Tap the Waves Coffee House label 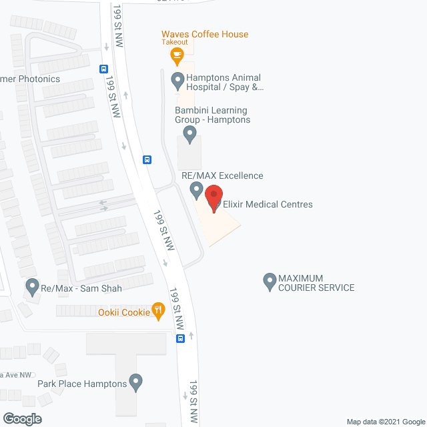click(205, 34)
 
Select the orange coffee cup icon click(177, 55)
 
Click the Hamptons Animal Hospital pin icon click(177, 81)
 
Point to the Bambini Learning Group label click(212, 115)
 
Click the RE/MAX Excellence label click(222, 175)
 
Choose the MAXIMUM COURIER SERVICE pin click(270, 281)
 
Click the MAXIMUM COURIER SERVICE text click(316, 283)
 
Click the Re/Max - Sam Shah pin click(32, 287)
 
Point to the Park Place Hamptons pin click(136, 382)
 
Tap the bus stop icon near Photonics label click(103, 68)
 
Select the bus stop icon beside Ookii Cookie click(180, 338)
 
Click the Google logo click(21, 418)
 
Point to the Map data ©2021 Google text click(384, 421)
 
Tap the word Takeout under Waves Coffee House click(175, 42)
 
